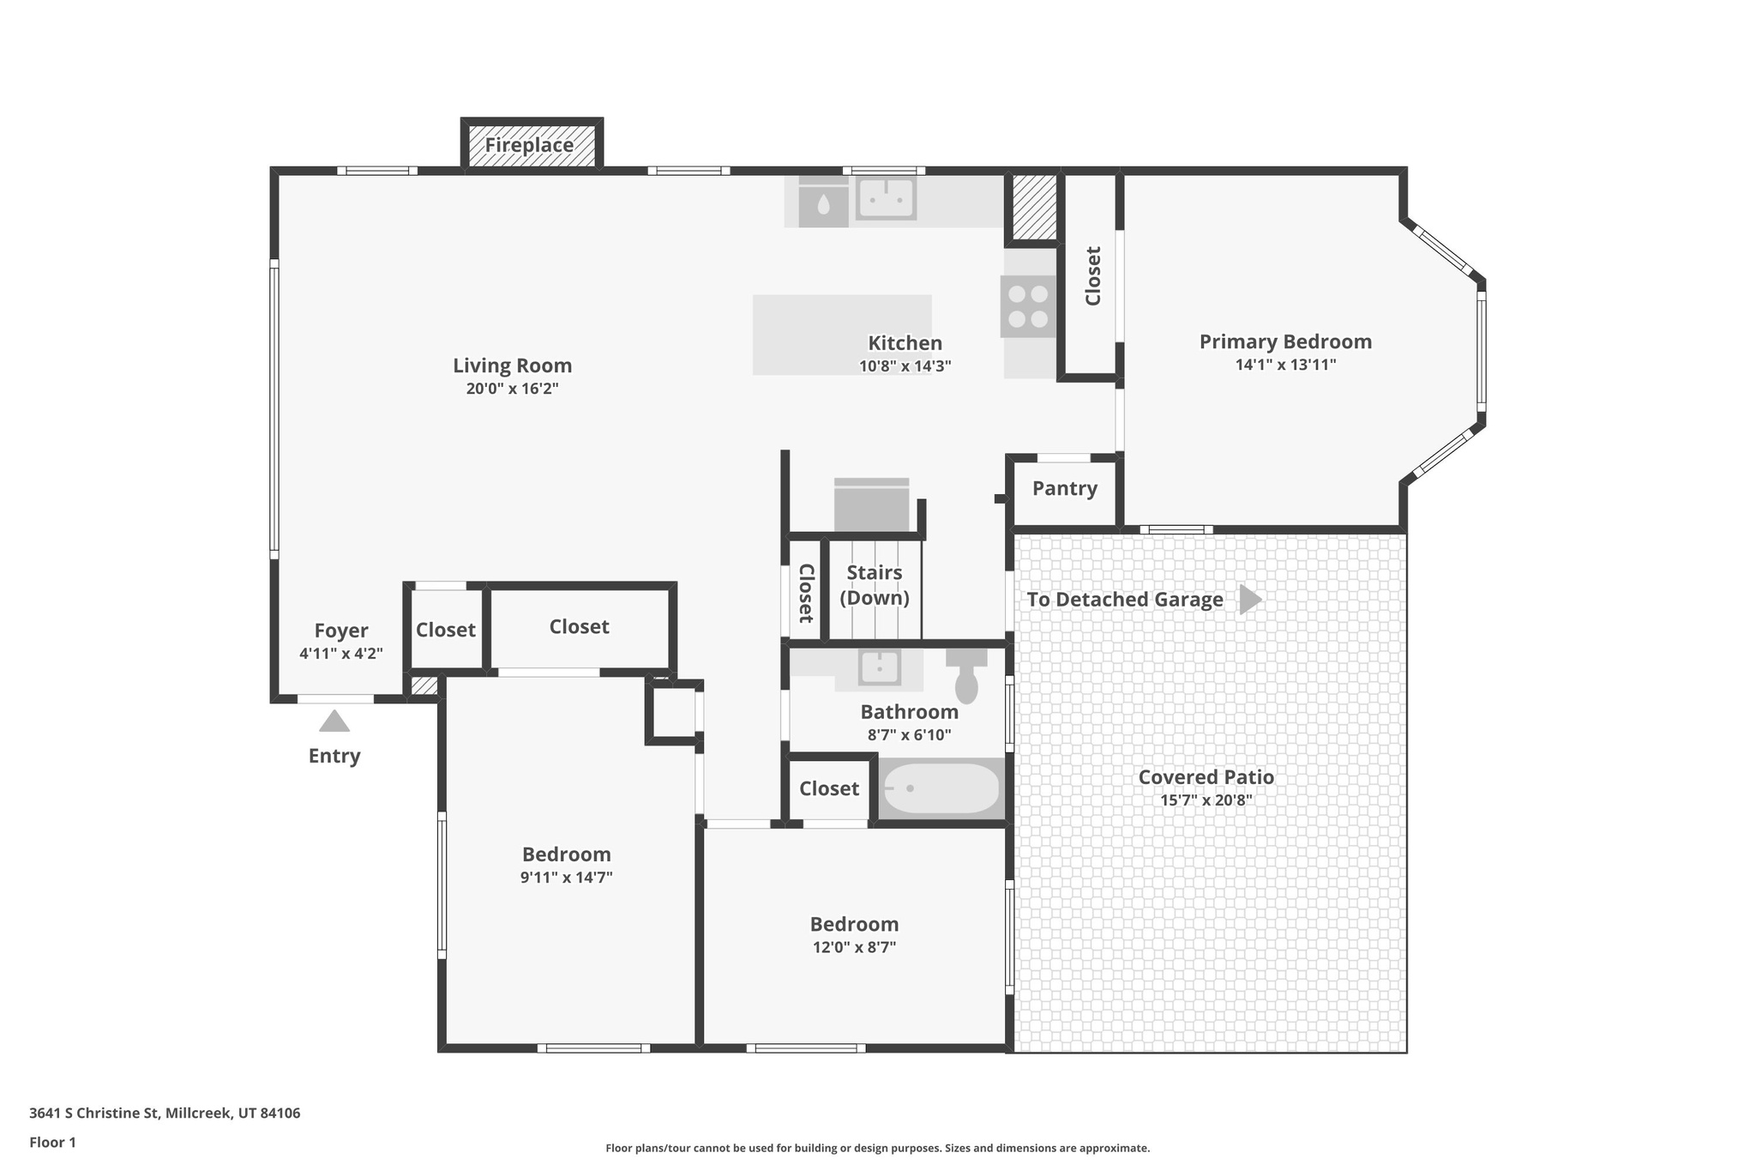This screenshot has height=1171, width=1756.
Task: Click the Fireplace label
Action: click(529, 145)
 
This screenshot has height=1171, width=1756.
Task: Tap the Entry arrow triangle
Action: click(334, 721)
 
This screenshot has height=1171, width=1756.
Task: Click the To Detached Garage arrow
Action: click(1250, 599)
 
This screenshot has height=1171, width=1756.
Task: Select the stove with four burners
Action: click(1028, 306)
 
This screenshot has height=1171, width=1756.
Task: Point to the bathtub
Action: click(941, 788)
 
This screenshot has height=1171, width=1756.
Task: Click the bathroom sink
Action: click(879, 667)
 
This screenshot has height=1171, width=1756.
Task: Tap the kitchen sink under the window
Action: click(886, 198)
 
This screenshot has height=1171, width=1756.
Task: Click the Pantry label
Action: click(1064, 488)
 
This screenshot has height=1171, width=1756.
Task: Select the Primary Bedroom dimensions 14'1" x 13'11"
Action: click(1285, 365)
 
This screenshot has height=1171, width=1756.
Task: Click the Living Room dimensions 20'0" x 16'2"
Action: click(512, 389)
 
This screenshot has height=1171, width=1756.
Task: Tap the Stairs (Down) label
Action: click(874, 585)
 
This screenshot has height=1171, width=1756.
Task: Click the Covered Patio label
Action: click(1206, 777)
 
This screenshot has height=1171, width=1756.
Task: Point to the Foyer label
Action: click(340, 631)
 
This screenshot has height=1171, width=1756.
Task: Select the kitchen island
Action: click(841, 335)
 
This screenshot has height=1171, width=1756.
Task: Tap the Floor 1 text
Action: click(52, 1142)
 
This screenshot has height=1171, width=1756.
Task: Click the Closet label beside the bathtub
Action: click(828, 788)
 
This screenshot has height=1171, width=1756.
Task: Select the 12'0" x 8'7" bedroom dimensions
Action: click(854, 947)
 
